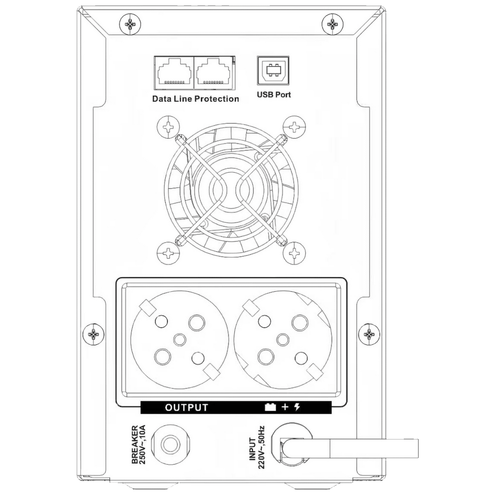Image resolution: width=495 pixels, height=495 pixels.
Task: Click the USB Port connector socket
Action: [x=273, y=71]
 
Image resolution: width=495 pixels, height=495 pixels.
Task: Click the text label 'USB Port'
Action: [x=274, y=94]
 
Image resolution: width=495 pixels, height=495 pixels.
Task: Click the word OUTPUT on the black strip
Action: [x=186, y=408]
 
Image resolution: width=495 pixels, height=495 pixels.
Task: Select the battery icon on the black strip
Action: [x=270, y=407]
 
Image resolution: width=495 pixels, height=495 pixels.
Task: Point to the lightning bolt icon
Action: [x=297, y=407]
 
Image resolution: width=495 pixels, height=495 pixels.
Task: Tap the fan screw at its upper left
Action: [x=168, y=127]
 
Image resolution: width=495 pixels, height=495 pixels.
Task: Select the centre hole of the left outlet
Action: [x=180, y=340]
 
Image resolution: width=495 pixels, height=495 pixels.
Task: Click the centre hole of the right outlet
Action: [x=283, y=340]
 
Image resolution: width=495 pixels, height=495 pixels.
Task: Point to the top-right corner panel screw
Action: [x=332, y=25]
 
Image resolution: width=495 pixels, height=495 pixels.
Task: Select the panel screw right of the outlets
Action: [x=369, y=334]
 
